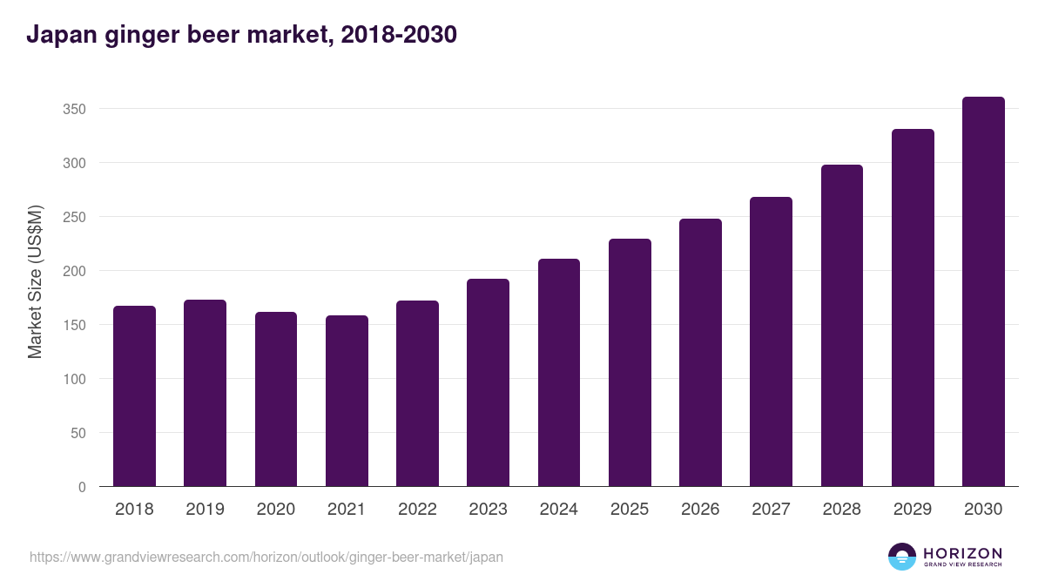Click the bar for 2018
click(x=134, y=396)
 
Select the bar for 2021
click(x=347, y=401)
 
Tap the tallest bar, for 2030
click(x=983, y=292)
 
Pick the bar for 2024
click(x=559, y=373)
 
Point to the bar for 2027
click(x=772, y=341)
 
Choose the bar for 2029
click(x=913, y=308)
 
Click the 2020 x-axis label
click(x=275, y=510)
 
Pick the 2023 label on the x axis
click(x=488, y=510)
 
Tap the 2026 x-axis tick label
click(x=700, y=510)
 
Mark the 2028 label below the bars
click(x=842, y=510)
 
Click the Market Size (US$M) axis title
click(x=35, y=282)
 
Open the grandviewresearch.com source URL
click(x=266, y=557)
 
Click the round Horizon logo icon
click(x=902, y=557)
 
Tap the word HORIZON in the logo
click(x=962, y=553)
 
